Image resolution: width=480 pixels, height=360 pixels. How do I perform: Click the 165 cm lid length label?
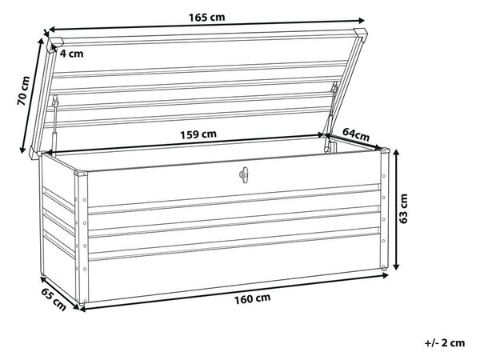206,17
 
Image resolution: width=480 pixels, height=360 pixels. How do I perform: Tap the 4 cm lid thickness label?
71,54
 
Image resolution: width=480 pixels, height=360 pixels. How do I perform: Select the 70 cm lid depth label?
23,91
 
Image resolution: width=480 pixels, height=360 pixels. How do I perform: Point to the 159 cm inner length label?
198,134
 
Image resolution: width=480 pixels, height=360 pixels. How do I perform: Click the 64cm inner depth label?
356,134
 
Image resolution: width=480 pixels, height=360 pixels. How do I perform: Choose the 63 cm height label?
404,209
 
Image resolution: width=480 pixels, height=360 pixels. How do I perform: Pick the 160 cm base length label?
253,298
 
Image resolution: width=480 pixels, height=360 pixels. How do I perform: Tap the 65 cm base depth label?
54,299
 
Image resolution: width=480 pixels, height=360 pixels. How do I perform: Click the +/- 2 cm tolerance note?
445,343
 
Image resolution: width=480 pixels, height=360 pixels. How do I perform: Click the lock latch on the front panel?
244,175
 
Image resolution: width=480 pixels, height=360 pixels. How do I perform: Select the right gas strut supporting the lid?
330,116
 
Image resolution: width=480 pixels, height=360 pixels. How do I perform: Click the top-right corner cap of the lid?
361,33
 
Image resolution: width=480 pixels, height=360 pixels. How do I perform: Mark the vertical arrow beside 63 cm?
396,210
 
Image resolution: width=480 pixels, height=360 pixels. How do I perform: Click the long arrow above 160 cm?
234,292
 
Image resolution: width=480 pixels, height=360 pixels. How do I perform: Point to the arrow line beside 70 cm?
31,95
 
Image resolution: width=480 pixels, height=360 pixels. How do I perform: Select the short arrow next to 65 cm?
59,292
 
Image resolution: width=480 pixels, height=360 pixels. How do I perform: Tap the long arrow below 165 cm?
206,25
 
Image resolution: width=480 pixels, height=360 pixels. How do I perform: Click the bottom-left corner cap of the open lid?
34,154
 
